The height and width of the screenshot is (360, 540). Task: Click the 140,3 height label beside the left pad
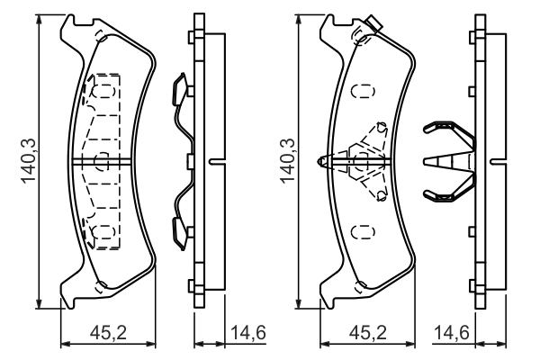click(x=27, y=159)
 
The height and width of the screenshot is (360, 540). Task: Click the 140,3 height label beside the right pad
click(x=287, y=159)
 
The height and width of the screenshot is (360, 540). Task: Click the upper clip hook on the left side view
click(x=179, y=90)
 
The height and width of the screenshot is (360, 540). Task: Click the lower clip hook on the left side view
click(x=179, y=229)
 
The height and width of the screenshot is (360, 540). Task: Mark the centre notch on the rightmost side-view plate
click(x=493, y=161)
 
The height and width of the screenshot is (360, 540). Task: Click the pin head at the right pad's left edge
click(x=323, y=161)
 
